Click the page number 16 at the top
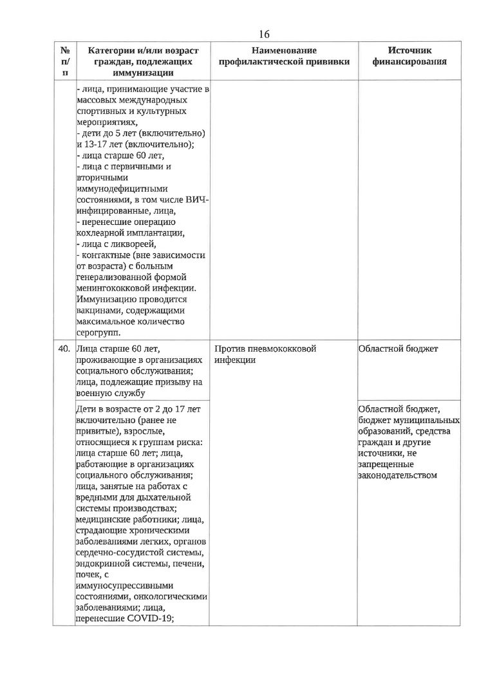tap(264, 33)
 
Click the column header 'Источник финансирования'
tap(410, 56)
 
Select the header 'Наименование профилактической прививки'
tap(285, 56)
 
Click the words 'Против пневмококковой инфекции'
tap(266, 354)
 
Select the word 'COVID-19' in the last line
tap(155, 620)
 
